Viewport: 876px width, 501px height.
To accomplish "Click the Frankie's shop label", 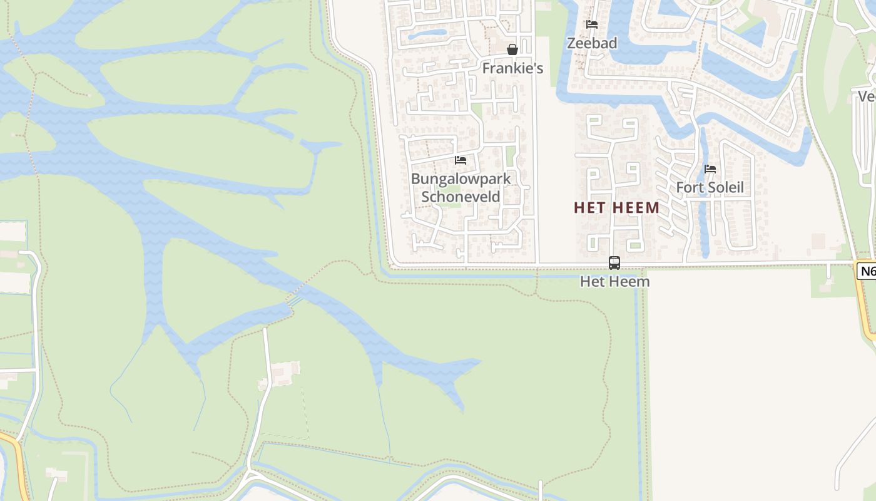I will (x=512, y=68).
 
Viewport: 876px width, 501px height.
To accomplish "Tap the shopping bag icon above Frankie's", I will (x=512, y=49).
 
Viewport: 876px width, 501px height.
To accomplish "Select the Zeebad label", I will (x=592, y=43).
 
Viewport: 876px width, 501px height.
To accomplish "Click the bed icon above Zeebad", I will (x=592, y=24).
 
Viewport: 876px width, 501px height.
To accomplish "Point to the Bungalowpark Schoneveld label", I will (x=461, y=187).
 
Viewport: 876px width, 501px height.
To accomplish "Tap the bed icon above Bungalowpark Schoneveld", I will (x=461, y=160).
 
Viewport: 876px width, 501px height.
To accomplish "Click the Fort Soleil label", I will (x=710, y=187).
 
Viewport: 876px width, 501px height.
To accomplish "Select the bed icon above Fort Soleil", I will (x=710, y=169).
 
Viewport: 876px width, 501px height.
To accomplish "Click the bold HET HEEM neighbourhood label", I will (x=616, y=208).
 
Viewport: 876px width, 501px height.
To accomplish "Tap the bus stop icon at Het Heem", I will (x=614, y=263).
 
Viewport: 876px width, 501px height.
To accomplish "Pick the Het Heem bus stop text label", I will (x=614, y=281).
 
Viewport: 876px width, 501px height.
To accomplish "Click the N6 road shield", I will (x=866, y=271).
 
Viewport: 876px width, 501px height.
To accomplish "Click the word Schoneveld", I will (x=461, y=197).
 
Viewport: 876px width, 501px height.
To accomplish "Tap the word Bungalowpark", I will (x=461, y=179).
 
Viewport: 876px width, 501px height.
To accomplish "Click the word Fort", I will (x=688, y=187).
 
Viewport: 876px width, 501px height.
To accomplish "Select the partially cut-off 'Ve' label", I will (x=866, y=96).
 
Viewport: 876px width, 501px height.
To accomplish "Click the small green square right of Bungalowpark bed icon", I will (x=510, y=156).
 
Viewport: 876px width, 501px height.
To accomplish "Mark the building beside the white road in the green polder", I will (x=282, y=373).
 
